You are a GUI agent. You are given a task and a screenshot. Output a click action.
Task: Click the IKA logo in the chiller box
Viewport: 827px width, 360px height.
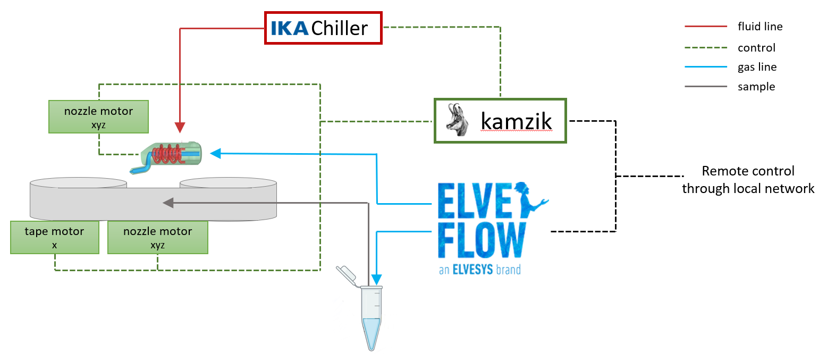(x=289, y=28)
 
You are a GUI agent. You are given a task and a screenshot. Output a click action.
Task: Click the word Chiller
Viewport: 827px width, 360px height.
(x=339, y=28)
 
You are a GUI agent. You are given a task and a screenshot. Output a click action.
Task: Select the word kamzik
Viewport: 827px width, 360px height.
(x=516, y=122)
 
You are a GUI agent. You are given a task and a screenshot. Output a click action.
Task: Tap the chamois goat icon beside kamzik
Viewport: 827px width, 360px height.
(x=456, y=121)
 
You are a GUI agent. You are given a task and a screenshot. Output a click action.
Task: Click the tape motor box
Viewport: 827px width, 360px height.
(x=55, y=238)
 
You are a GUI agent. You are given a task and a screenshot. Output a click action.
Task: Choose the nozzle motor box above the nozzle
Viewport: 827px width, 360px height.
(x=98, y=116)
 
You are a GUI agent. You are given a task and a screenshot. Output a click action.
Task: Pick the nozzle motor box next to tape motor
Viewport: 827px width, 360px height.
(x=157, y=238)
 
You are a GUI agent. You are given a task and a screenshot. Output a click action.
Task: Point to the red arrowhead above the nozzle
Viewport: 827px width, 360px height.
(x=181, y=127)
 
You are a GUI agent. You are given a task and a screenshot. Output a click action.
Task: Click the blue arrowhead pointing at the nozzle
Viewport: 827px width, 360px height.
(x=215, y=154)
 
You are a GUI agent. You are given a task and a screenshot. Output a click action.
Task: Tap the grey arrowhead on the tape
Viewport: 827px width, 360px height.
(x=168, y=203)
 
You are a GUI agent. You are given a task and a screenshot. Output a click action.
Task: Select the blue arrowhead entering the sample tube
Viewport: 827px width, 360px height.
(x=376, y=280)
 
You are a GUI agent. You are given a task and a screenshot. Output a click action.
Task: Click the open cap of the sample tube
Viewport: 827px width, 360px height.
(x=347, y=274)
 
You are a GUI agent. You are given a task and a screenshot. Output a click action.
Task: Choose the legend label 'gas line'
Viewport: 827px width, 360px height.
(x=757, y=67)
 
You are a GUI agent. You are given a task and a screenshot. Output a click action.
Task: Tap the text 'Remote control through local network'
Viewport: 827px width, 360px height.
(x=748, y=180)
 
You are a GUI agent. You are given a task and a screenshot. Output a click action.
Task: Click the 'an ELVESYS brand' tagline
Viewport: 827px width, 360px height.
(x=479, y=270)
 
